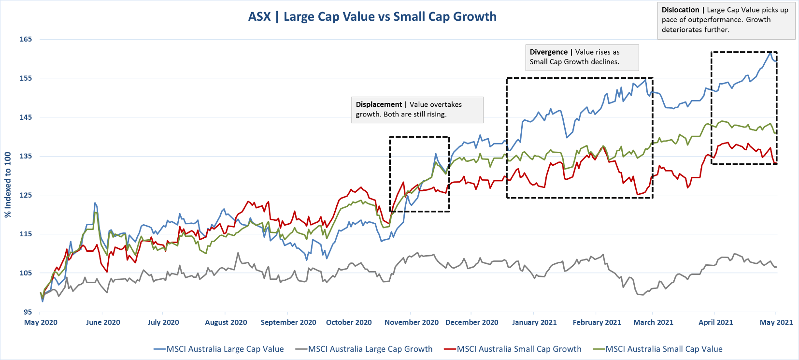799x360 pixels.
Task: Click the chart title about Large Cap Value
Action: point(372,17)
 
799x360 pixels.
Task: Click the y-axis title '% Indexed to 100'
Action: point(8,185)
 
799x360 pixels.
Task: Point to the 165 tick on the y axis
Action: point(26,39)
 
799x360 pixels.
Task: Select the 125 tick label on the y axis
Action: point(26,195)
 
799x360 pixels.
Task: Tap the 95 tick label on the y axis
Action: point(28,312)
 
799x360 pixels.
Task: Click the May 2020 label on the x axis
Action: point(41,322)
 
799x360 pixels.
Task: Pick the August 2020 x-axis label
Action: point(226,322)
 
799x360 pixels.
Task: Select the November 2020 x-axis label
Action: point(411,322)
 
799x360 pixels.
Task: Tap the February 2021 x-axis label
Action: point(597,322)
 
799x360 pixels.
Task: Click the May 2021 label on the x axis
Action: point(776,322)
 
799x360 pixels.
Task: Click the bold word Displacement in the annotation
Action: point(379,104)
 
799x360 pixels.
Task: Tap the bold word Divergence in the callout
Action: point(548,52)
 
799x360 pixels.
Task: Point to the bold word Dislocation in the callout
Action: point(680,10)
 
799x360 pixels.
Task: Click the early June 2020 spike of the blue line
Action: point(95,203)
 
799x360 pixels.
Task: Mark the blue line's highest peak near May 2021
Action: point(770,52)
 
